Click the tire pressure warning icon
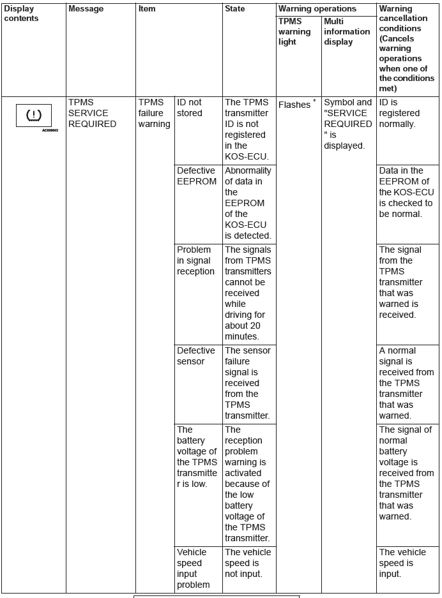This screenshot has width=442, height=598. [33, 116]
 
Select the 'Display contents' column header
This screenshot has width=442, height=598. [21, 13]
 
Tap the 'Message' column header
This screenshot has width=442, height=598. [86, 9]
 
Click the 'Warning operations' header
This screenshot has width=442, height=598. [317, 9]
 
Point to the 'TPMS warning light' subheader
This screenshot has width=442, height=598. [294, 32]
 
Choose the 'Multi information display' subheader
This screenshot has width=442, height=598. [347, 32]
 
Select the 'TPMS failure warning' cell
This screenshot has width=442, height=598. [154, 113]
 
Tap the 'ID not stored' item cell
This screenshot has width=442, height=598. [190, 108]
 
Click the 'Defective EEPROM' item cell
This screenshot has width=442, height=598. [195, 176]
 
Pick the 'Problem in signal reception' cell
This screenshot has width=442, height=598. [195, 260]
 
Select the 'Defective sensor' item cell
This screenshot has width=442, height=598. [195, 356]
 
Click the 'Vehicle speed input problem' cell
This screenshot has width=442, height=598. [193, 568]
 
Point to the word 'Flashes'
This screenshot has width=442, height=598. [294, 105]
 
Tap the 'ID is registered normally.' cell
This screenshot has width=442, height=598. [397, 113]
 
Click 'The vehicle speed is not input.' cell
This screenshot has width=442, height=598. [247, 563]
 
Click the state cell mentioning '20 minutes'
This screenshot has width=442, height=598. [248, 293]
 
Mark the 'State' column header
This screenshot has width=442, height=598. [234, 9]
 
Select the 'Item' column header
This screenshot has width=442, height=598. [147, 9]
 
